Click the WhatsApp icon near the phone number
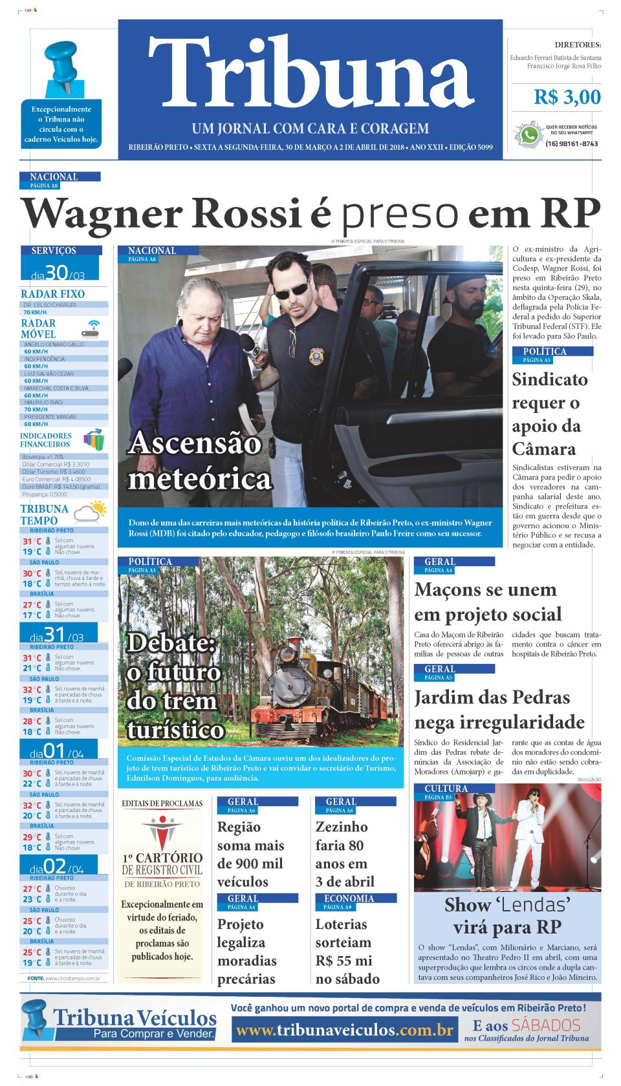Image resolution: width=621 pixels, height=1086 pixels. (528, 135)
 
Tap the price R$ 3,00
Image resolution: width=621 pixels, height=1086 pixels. (567, 97)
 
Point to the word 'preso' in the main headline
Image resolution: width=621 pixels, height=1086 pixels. (400, 213)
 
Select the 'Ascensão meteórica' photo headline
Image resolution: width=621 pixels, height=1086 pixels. (199, 461)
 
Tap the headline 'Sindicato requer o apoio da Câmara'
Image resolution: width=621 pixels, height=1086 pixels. (549, 414)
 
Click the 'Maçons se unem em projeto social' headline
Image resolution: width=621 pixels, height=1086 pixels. (488, 602)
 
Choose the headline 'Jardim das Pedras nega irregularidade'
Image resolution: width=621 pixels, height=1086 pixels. (499, 709)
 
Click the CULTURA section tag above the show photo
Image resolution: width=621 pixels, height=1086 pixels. (446, 789)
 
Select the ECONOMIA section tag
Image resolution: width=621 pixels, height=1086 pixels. (349, 899)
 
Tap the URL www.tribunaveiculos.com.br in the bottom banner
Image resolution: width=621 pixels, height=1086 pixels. (344, 1030)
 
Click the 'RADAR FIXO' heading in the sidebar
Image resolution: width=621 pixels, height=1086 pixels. (52, 294)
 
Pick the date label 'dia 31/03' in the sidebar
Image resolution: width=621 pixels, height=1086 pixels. (57, 635)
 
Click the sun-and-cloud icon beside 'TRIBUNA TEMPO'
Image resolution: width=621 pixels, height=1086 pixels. (90, 512)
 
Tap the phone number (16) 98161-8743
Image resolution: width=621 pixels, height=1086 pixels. (571, 144)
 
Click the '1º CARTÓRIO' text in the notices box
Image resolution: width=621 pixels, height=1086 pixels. (162, 858)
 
